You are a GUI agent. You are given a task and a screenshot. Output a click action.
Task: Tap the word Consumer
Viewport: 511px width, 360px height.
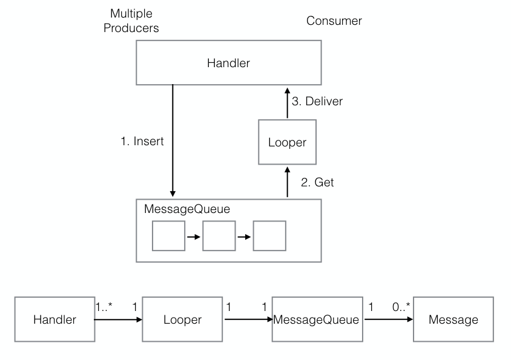click(x=334, y=21)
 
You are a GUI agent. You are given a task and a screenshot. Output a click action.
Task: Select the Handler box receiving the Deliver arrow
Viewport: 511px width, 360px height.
click(x=228, y=63)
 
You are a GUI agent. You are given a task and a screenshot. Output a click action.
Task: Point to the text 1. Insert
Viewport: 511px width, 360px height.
click(x=142, y=142)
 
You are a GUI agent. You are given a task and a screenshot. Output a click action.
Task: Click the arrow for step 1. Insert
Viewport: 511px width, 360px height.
click(x=173, y=139)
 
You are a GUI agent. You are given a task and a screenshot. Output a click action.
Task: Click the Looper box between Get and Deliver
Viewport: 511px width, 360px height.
click(x=288, y=142)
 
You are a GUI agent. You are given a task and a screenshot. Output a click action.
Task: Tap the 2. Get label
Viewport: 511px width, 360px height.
click(x=317, y=182)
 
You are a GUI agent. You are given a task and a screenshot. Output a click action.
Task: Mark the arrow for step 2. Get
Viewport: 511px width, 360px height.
click(x=288, y=182)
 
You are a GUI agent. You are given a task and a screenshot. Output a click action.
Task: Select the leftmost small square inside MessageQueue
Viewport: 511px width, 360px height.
click(x=168, y=236)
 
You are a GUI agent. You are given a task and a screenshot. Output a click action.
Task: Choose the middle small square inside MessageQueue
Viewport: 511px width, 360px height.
click(x=219, y=236)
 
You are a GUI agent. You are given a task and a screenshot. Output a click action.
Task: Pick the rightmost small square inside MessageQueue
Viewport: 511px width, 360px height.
click(x=269, y=236)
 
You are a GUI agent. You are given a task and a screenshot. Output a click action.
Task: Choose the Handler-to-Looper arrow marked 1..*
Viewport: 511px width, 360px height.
click(x=118, y=320)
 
